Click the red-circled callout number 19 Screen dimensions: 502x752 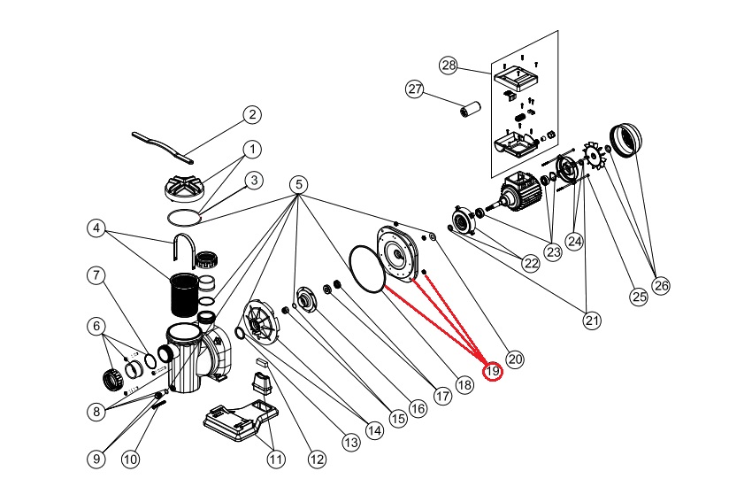[x=493, y=372]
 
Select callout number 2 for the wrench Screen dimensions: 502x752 [x=252, y=114]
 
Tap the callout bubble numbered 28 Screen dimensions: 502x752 [x=449, y=66]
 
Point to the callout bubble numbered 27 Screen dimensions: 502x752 [x=415, y=89]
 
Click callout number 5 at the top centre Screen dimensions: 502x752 [x=299, y=185]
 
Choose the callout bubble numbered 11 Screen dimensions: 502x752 [x=277, y=459]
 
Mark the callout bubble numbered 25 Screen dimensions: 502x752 [x=639, y=297]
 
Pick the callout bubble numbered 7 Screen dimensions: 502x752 [x=97, y=274]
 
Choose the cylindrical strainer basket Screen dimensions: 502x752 [x=185, y=297]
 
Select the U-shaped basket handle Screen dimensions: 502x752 [x=183, y=251]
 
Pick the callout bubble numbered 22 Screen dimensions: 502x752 [x=531, y=263]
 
